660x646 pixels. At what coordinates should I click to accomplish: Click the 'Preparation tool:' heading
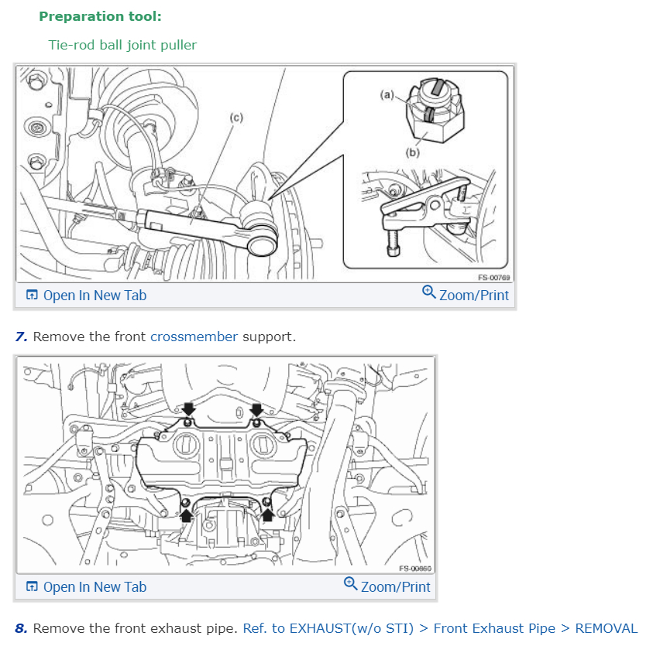(x=100, y=16)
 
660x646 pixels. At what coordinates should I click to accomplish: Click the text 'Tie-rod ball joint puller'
(x=122, y=45)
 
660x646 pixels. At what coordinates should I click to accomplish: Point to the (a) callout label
(x=387, y=94)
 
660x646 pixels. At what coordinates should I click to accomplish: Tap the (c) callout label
(x=236, y=118)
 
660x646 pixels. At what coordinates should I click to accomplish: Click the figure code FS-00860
(x=415, y=569)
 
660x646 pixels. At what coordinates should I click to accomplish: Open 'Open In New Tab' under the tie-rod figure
(x=86, y=295)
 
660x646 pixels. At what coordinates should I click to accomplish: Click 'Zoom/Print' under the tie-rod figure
(x=466, y=295)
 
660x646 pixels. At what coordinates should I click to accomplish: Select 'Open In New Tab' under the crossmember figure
(x=86, y=586)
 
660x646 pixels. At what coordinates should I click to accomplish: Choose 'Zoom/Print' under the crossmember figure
(x=387, y=586)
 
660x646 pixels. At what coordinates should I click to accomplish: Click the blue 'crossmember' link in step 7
(x=194, y=337)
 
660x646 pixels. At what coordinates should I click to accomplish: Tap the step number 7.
(x=21, y=337)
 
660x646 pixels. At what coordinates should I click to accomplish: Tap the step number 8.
(x=21, y=628)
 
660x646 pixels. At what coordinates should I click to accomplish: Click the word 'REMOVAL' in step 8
(x=606, y=628)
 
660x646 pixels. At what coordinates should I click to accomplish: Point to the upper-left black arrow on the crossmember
(x=189, y=408)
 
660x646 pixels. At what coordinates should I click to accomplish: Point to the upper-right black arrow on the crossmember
(x=256, y=408)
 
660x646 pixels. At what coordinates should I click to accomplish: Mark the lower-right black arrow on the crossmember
(x=268, y=514)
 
